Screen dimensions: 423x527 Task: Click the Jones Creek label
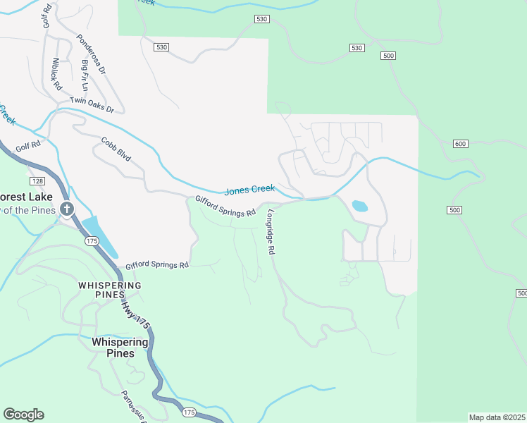pos(249,190)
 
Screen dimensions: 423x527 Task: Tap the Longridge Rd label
pos(270,233)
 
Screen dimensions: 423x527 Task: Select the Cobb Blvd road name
pos(116,147)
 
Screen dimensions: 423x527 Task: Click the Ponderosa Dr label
pos(91,55)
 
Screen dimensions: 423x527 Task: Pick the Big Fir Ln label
pos(85,74)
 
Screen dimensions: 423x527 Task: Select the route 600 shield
pos(460,144)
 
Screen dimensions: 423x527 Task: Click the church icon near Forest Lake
pos(67,208)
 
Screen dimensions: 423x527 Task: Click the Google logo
pos(23,415)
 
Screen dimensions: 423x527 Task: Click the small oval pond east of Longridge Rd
pos(359,207)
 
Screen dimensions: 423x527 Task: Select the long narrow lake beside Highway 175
pos(100,236)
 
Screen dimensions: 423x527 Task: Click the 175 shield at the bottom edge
pos(188,411)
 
